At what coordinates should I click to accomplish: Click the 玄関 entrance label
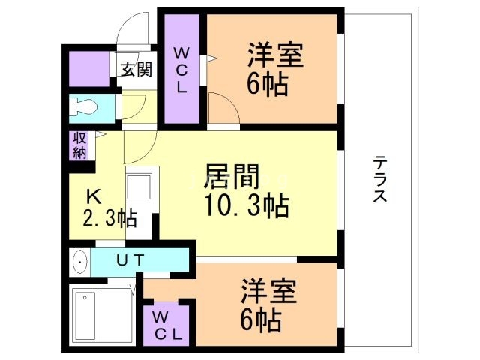point(136,70)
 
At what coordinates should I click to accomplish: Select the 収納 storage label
point(79,145)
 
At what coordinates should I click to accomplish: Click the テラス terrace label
point(380,180)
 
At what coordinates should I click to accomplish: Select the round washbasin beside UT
point(80,262)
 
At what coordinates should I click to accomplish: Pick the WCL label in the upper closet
point(182,70)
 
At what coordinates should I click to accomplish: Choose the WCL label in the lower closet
point(166,325)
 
